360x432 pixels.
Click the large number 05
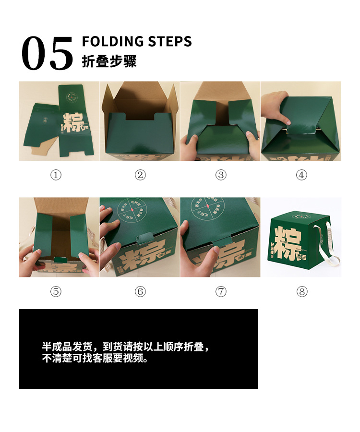point(47,54)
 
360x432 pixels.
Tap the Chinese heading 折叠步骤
point(109,61)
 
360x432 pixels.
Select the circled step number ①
point(56,175)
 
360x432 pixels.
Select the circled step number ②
point(140,175)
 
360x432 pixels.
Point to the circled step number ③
point(220,175)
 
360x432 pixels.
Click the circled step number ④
point(301,175)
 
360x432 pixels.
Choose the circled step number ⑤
point(56,291)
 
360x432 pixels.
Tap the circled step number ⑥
point(140,291)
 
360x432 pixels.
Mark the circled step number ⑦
point(220,291)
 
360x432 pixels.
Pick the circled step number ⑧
point(301,291)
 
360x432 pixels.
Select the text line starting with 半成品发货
point(126,347)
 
